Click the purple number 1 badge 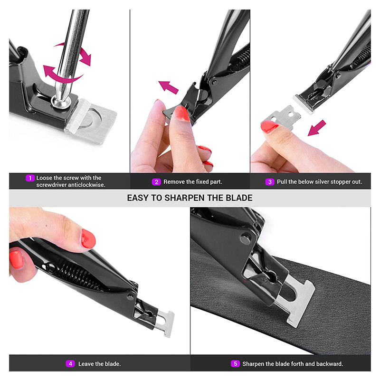tap(30, 178)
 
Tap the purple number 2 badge tap(156, 182)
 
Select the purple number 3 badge tap(270, 182)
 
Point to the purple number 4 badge tap(70, 364)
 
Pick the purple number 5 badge tap(235, 364)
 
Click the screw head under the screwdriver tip tap(61, 101)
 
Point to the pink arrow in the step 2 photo tap(169, 87)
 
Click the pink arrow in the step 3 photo tap(317, 128)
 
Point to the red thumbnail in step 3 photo tap(269, 127)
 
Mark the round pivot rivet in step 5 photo tap(246, 239)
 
